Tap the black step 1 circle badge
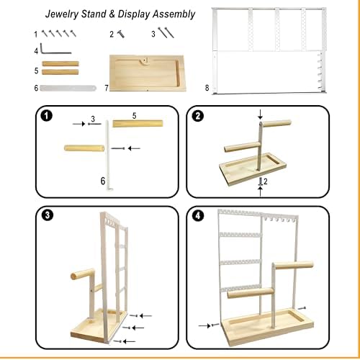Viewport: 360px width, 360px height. click(45, 115)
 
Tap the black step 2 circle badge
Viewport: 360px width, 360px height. click(199, 116)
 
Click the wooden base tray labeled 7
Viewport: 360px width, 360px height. click(147, 75)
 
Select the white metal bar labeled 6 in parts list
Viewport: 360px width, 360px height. click(68, 87)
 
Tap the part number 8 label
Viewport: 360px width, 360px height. click(207, 87)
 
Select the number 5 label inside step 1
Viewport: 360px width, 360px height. click(135, 114)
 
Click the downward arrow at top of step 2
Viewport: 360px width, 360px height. click(261, 114)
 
